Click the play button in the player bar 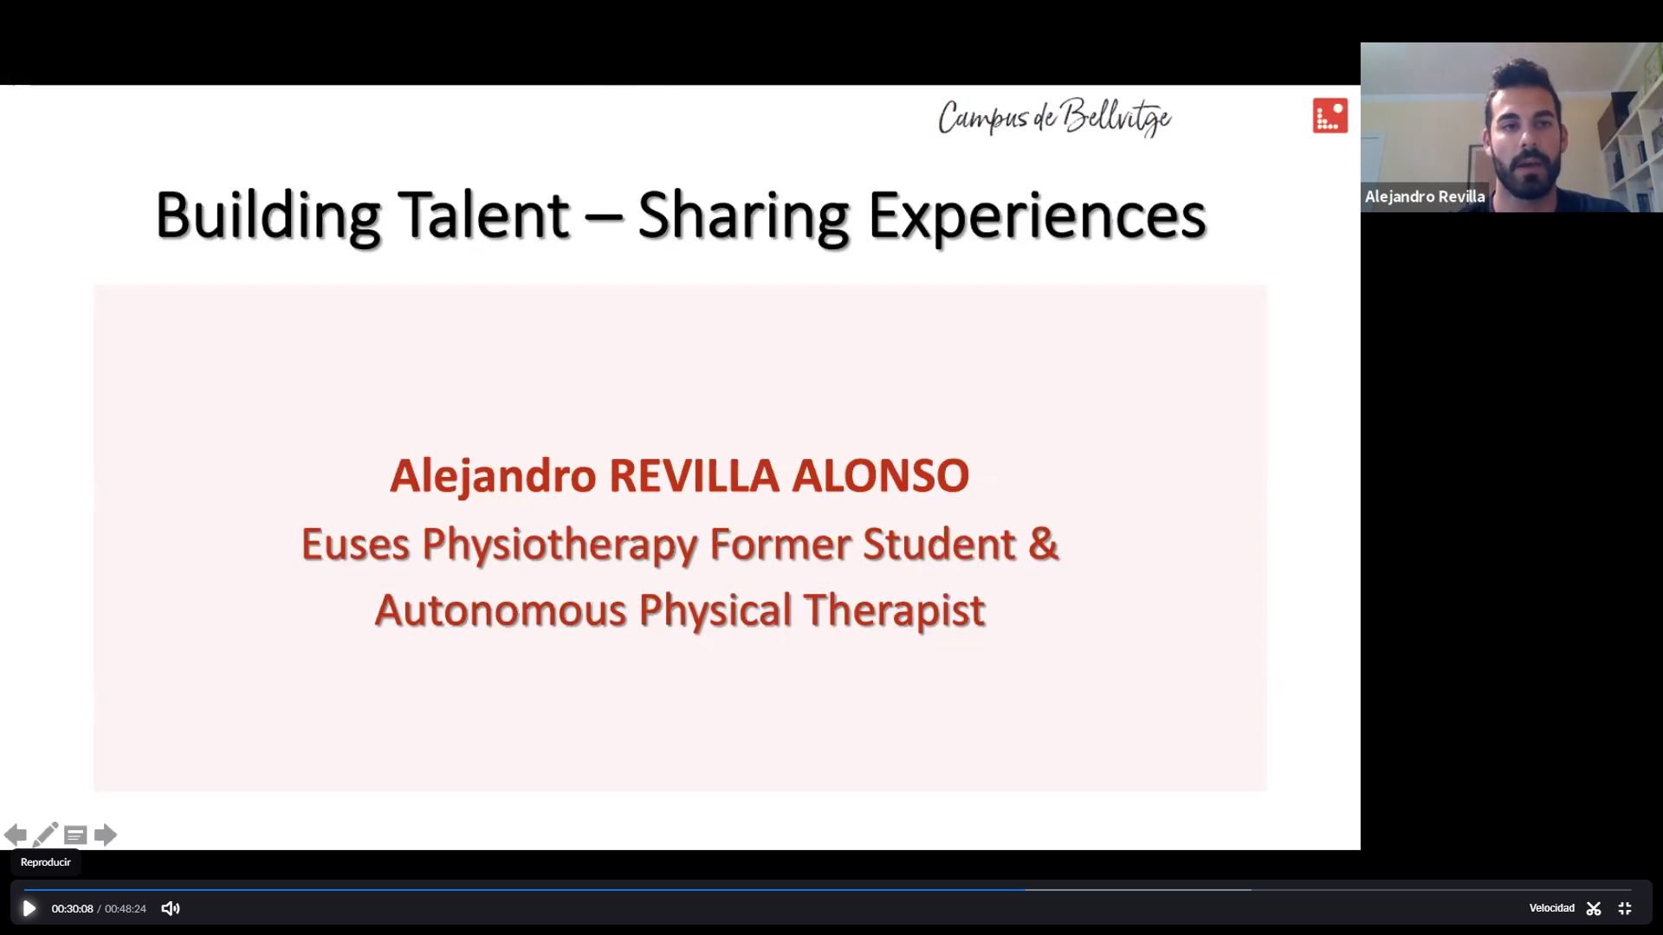29,908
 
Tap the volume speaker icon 171,908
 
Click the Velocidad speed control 1551,908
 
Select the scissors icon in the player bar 1594,908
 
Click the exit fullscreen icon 1625,908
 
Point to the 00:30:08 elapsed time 72,909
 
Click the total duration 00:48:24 126,909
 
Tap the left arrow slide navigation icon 15,835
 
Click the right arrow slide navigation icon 106,835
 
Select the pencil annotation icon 45,835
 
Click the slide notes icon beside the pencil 75,835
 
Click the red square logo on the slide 1330,115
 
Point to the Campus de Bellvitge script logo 1054,117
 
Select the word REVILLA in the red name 694,475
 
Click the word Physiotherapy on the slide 560,545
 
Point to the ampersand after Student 1044,544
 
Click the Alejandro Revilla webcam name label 1425,197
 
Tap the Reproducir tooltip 46,862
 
